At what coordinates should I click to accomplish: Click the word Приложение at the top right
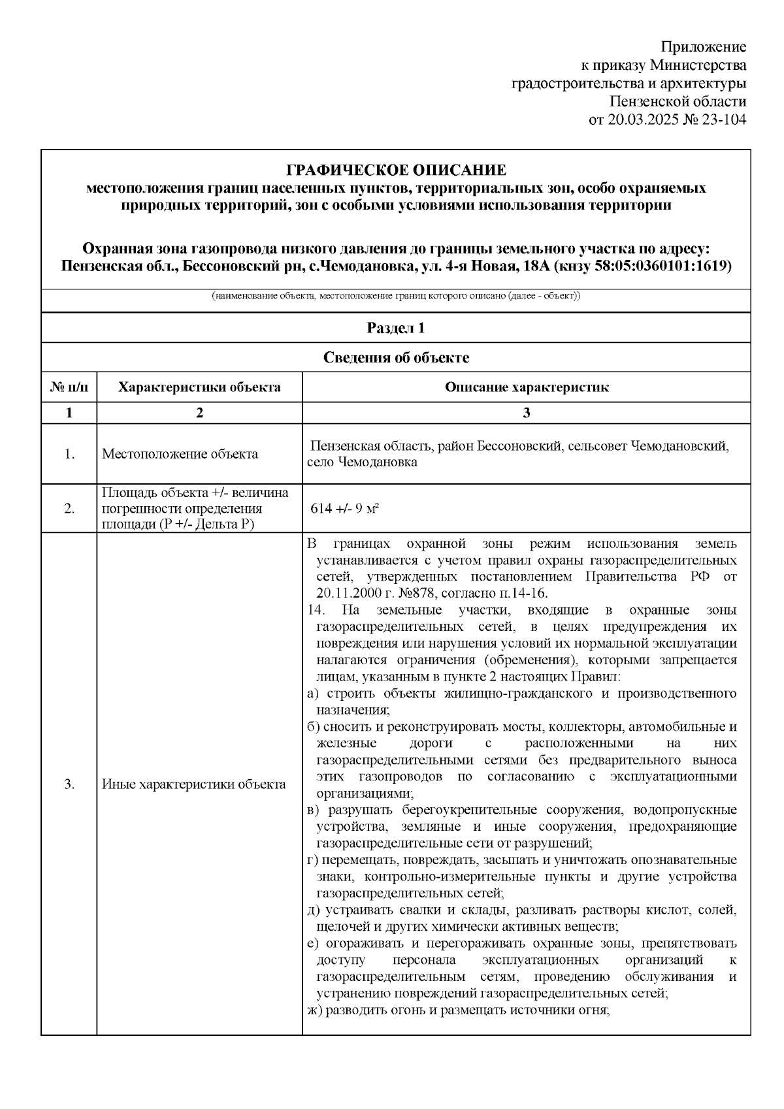click(703, 47)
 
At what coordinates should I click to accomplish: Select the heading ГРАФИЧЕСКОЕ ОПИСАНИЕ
click(396, 170)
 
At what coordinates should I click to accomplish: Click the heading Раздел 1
click(396, 328)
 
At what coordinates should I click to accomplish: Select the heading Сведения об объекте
click(396, 357)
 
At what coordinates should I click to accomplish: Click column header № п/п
click(69, 387)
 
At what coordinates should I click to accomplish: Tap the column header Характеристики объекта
click(199, 387)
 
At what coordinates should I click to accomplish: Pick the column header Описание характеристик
click(527, 387)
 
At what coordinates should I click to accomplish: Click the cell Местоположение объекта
click(180, 454)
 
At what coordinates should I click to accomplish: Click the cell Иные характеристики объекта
click(194, 784)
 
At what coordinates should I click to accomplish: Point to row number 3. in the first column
click(69, 784)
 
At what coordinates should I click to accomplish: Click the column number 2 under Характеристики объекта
click(199, 413)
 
